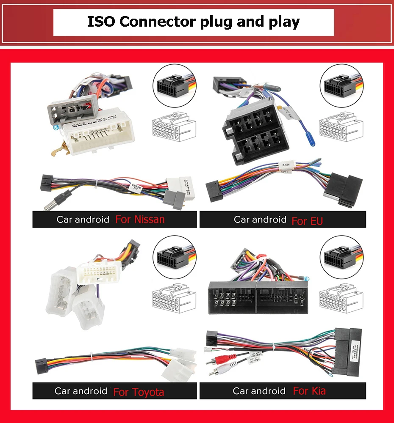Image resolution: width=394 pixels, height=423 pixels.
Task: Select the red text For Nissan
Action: [140, 220]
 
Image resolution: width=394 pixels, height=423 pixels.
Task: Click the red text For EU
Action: [307, 221]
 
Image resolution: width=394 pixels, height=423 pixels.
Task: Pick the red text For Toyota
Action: [139, 392]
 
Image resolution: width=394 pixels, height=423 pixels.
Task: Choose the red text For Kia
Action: [309, 391]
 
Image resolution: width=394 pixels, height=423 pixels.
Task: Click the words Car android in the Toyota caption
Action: [80, 391]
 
